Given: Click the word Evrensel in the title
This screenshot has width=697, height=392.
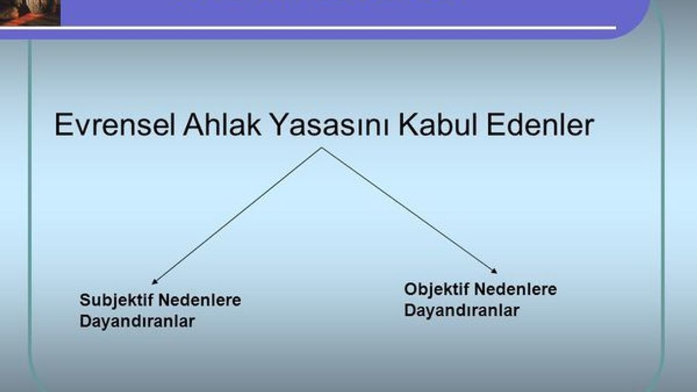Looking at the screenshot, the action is (114, 125).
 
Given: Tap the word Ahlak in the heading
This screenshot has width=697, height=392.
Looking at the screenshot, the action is (222, 124).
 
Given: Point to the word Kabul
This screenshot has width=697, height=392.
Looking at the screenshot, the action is (438, 124).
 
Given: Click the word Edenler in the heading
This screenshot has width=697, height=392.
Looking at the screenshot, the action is (541, 124).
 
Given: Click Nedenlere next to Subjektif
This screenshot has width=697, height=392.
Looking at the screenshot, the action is (200, 300).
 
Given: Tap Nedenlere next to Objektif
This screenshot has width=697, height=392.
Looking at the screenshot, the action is (516, 289).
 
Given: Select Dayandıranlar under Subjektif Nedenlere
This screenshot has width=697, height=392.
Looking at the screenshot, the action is (137, 322).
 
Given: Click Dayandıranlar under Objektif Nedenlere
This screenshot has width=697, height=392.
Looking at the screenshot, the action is (462, 310).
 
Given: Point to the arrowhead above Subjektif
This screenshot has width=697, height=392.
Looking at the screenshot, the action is (155, 281).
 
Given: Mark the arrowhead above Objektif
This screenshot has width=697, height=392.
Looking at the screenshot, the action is (494, 271).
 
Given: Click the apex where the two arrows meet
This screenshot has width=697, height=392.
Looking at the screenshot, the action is (322, 148).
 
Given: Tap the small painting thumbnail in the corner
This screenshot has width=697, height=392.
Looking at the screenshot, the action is (30, 13).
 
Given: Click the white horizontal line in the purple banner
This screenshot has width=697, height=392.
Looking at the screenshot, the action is (308, 28).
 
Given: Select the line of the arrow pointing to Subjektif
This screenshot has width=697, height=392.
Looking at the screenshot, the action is (237, 216).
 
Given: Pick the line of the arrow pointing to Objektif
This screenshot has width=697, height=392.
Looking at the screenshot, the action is (409, 211).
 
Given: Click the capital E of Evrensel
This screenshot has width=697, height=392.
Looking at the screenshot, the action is (63, 125).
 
